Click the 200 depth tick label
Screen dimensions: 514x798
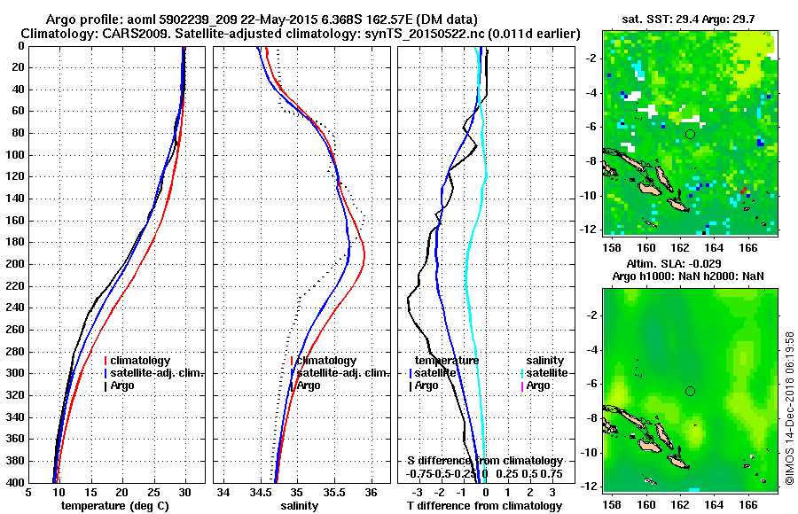coord(16,264)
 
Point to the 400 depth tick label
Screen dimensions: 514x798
coord(16,483)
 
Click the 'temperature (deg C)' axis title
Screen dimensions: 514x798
coord(116,506)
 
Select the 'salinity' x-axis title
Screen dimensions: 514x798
coord(299,506)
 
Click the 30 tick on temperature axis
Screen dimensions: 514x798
coord(185,493)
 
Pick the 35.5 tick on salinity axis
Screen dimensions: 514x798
coord(333,493)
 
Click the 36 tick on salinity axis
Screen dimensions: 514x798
coord(371,493)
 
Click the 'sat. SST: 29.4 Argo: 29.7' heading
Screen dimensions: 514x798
coord(688,19)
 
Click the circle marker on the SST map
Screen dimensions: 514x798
coord(690,134)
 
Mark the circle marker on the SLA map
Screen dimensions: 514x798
coord(690,391)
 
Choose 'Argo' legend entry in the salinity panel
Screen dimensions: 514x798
coord(309,385)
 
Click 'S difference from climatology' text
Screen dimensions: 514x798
coord(485,461)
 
